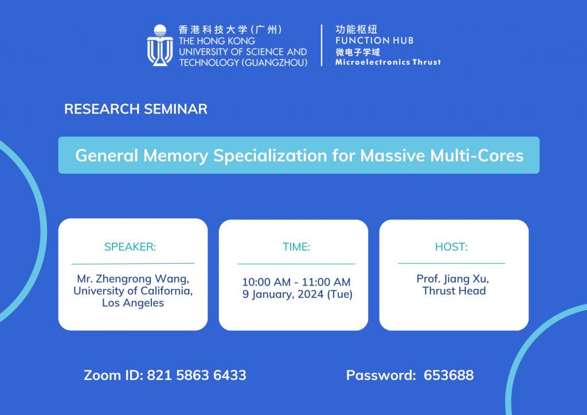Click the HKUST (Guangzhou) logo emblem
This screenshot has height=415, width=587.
pos(160,45)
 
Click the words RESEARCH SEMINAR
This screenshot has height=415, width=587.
pos(135,109)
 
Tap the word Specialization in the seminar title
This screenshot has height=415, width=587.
pos(270,156)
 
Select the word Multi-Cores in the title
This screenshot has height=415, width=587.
pos(476,155)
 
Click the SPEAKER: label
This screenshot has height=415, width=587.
pos(130,246)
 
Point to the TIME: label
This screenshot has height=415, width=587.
pos(296,246)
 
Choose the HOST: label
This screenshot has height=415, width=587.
pos(451,246)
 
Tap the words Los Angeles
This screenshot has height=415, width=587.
pos(133,303)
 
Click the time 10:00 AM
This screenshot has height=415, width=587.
pos(266,282)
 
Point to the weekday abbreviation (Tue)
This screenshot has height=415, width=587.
pos(340,294)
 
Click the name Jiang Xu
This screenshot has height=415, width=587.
pos(466,279)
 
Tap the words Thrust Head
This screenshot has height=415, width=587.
pos(454,291)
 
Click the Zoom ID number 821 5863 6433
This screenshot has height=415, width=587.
pos(197,375)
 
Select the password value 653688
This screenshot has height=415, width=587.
pos(448,375)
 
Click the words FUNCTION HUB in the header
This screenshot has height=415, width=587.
pos(374,41)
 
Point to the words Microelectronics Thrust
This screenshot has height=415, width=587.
pos(388,62)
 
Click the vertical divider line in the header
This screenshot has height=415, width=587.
pos(322,45)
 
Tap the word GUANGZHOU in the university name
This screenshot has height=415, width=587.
pos(275,62)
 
